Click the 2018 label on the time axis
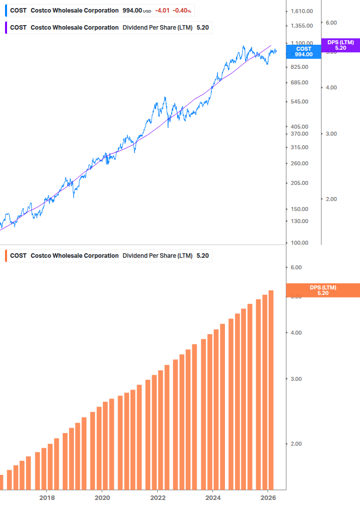[x=47, y=497]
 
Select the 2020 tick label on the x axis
[x=102, y=497]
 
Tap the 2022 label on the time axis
[x=158, y=497]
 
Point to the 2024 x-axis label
[x=213, y=497]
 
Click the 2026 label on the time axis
[x=268, y=497]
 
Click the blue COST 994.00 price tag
[x=303, y=52]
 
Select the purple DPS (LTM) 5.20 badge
[x=340, y=45]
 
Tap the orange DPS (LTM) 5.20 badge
[x=322, y=290]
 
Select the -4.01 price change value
[x=162, y=11]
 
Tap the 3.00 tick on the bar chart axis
[x=296, y=379]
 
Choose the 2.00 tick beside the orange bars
[x=296, y=444]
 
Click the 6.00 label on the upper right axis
[x=331, y=23]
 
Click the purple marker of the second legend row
[x=6, y=28]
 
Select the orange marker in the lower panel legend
[x=6, y=256]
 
